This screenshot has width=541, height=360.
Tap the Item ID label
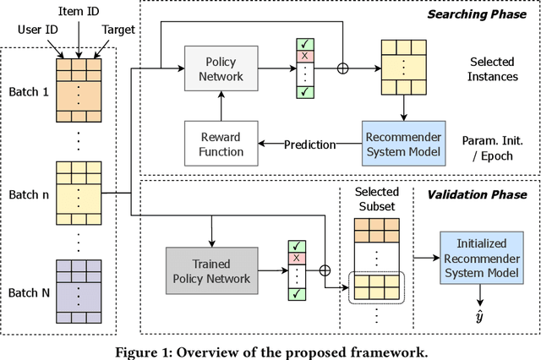tap(80, 11)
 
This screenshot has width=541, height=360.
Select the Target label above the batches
tap(117, 30)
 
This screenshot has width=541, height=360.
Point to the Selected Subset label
tap(376, 199)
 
